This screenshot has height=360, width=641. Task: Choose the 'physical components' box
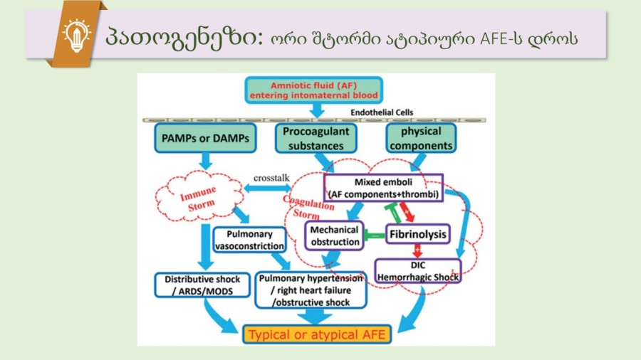click(420, 139)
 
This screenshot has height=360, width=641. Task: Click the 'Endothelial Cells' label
click(382, 112)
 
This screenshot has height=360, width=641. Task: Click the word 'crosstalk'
click(270, 176)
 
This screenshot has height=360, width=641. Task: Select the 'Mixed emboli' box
click(384, 187)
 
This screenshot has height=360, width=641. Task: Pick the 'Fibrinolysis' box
click(418, 233)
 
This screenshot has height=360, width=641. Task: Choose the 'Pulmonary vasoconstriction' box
click(249, 240)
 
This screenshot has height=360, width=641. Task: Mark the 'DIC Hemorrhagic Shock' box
click(417, 271)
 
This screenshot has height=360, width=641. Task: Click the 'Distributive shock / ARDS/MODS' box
click(202, 285)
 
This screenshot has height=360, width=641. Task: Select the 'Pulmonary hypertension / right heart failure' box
click(311, 290)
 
